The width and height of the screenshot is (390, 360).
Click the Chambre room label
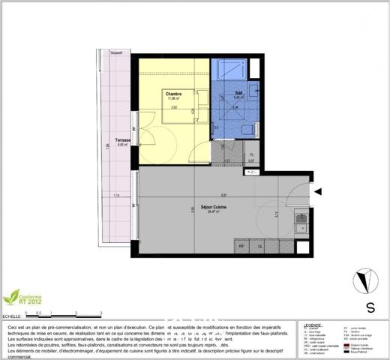(174, 93)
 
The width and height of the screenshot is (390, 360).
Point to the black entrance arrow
(318, 192)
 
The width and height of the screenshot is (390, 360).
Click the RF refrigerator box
(241, 245)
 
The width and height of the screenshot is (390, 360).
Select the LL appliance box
(260, 245)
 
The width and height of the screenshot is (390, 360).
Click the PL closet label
(252, 155)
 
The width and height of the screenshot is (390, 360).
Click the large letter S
(370, 306)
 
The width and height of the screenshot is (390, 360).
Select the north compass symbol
(363, 279)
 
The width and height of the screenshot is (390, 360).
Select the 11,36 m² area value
(174, 98)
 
